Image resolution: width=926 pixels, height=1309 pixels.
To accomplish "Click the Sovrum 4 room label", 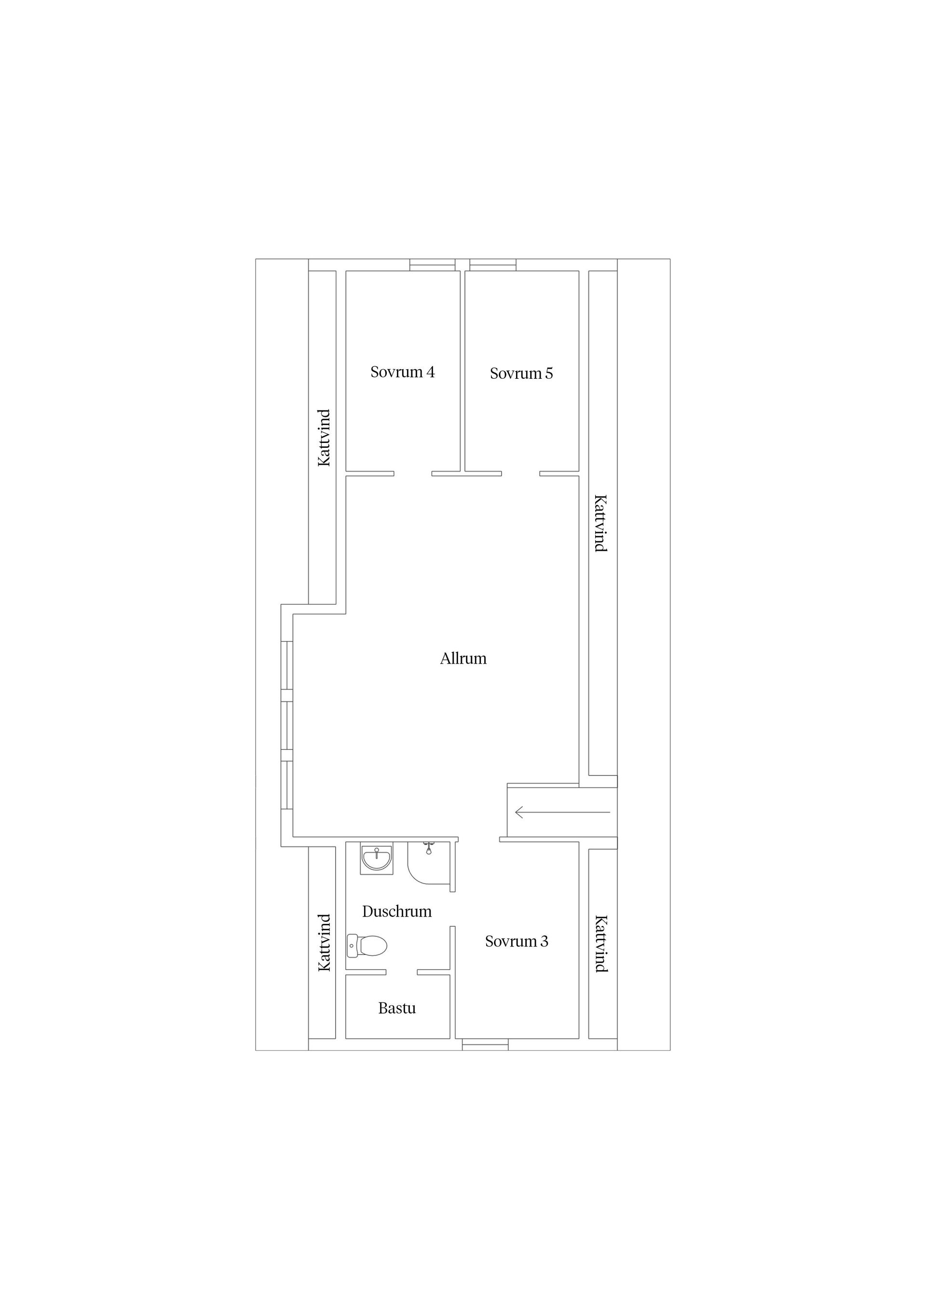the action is point(402,372).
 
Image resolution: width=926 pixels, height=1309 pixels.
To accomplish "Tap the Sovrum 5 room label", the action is point(521,374).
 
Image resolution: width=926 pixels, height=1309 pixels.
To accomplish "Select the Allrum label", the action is point(463,658).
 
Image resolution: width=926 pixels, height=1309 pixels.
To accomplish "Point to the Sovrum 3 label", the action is point(517,941).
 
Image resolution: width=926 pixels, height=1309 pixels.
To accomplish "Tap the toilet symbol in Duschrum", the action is point(367,946).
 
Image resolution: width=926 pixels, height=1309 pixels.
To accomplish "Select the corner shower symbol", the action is point(429,863).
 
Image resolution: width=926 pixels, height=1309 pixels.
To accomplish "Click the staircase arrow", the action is point(562,812).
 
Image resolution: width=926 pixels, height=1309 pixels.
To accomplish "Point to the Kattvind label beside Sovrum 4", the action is point(324,438).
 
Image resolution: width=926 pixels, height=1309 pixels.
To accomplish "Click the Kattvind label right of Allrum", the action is point(601,523).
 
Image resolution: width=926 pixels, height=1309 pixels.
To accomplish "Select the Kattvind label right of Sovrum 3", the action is point(601,944).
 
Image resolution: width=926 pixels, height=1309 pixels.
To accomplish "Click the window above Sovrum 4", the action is point(433,265).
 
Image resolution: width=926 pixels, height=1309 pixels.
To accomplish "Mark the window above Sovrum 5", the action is point(493,265).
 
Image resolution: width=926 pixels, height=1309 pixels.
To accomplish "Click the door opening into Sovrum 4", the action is point(412,473).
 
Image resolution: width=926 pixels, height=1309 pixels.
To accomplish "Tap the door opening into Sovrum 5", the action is point(520,473).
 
